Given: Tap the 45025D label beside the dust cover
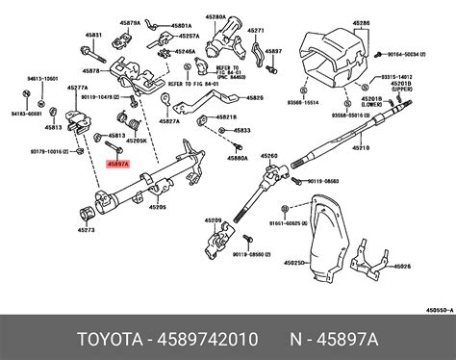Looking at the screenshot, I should [x=291, y=260].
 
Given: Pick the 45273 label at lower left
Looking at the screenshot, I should [x=86, y=231].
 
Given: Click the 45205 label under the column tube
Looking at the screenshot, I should [x=157, y=207].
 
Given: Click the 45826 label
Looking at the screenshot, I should [x=254, y=98].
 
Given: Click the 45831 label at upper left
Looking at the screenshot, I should [x=93, y=34].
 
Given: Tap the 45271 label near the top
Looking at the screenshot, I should [x=254, y=31].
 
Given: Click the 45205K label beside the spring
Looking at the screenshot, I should [x=137, y=139].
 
